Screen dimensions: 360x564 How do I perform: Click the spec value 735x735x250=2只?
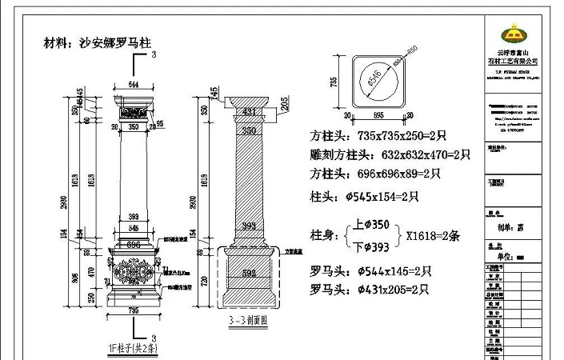click(x=402, y=136)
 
